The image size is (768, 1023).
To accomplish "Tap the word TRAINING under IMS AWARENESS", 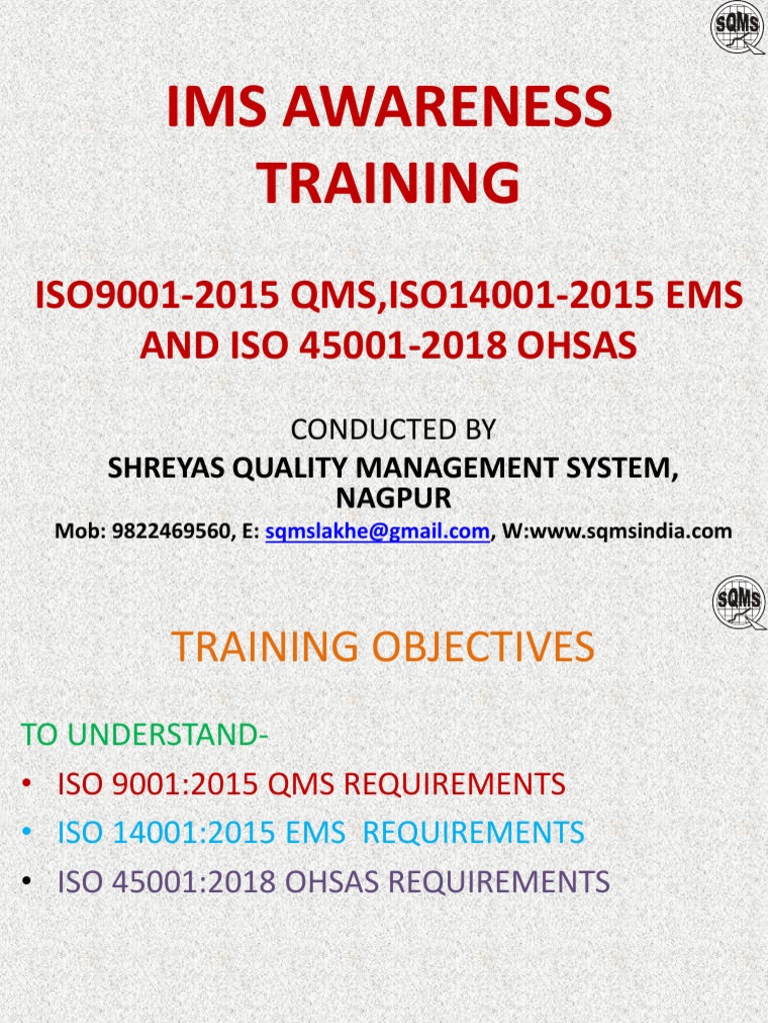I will [x=389, y=184].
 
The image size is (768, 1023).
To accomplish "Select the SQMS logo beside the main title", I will [x=738, y=28].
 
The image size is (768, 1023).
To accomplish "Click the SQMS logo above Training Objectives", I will [x=739, y=602].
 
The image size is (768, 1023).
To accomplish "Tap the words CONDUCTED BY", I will [x=393, y=430].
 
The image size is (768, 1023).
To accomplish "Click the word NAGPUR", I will [x=393, y=497].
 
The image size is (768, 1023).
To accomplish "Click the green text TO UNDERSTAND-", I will [x=144, y=735].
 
